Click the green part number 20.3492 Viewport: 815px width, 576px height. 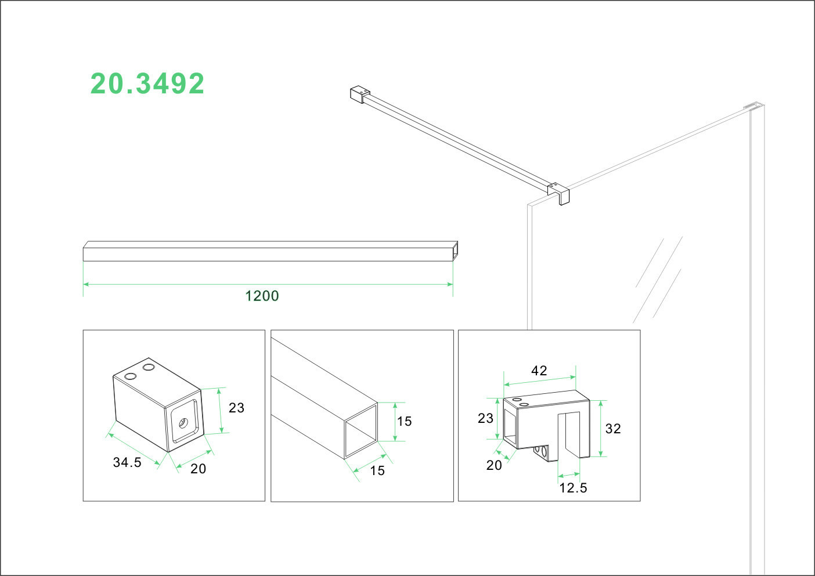147,84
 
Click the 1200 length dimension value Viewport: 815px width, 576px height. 262,296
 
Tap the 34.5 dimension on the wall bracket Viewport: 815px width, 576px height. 127,462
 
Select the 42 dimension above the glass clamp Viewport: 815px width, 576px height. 539,371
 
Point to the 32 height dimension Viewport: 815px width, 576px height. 613,429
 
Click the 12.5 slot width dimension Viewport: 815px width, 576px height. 573,488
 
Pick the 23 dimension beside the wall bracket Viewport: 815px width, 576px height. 236,408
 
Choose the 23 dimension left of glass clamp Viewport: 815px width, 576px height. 485,418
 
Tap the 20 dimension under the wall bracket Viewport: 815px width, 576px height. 199,469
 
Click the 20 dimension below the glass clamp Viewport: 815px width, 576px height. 494,465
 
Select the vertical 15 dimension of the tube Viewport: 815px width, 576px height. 404,421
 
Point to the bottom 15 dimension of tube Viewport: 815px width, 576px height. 377,470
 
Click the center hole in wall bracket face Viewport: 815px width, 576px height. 183,422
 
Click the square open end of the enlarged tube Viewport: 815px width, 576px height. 360,430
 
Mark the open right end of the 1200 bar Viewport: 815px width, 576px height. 455,251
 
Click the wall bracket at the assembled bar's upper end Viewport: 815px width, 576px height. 360,94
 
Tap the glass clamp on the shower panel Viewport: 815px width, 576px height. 558,193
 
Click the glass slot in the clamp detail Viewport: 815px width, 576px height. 569,434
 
